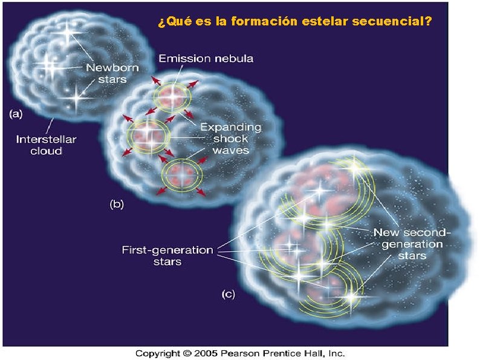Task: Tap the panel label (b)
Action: pos(117,204)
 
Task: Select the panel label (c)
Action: pos(228,294)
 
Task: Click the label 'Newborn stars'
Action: pos(106,73)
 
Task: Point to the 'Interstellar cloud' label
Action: pos(46,145)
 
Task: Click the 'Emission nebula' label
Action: pos(206,59)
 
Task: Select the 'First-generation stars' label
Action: pos(167,255)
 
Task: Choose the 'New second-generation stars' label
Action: pos(411,244)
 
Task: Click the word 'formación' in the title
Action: pos(265,22)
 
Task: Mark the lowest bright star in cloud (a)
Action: pos(76,96)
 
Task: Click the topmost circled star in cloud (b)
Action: pos(174,95)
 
